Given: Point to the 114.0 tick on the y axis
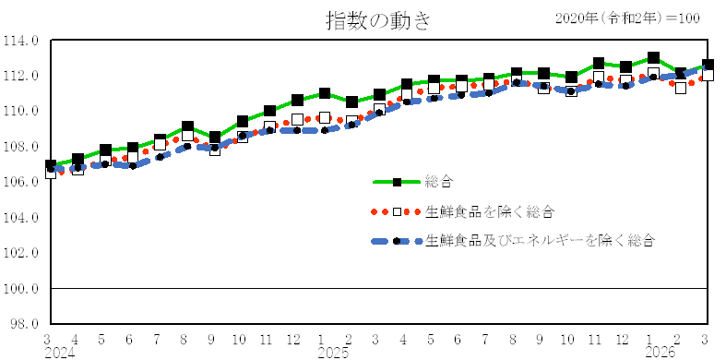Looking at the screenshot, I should pyautogui.click(x=24, y=41).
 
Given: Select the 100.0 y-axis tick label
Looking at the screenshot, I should pyautogui.click(x=24, y=289).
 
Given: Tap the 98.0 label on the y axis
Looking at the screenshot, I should pyautogui.click(x=26, y=324).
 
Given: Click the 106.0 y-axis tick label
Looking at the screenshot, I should pyautogui.click(x=24, y=183).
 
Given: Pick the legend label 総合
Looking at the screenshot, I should pyautogui.click(x=439, y=183).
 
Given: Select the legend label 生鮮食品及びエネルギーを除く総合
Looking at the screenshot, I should pyautogui.click(x=540, y=241).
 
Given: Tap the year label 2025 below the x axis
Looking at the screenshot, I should pyautogui.click(x=333, y=353).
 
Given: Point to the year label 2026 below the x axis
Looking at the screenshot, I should pyautogui.click(x=661, y=353).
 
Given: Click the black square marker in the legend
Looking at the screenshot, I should pyautogui.click(x=398, y=183).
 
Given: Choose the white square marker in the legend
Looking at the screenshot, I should pyautogui.click(x=398, y=211).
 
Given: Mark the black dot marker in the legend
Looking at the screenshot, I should pyautogui.click(x=398, y=241).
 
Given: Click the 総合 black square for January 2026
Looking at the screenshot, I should pyautogui.click(x=653, y=58).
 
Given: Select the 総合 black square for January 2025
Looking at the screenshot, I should pyautogui.click(x=325, y=93).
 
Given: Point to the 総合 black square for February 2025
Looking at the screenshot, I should pyautogui.click(x=351, y=102).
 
